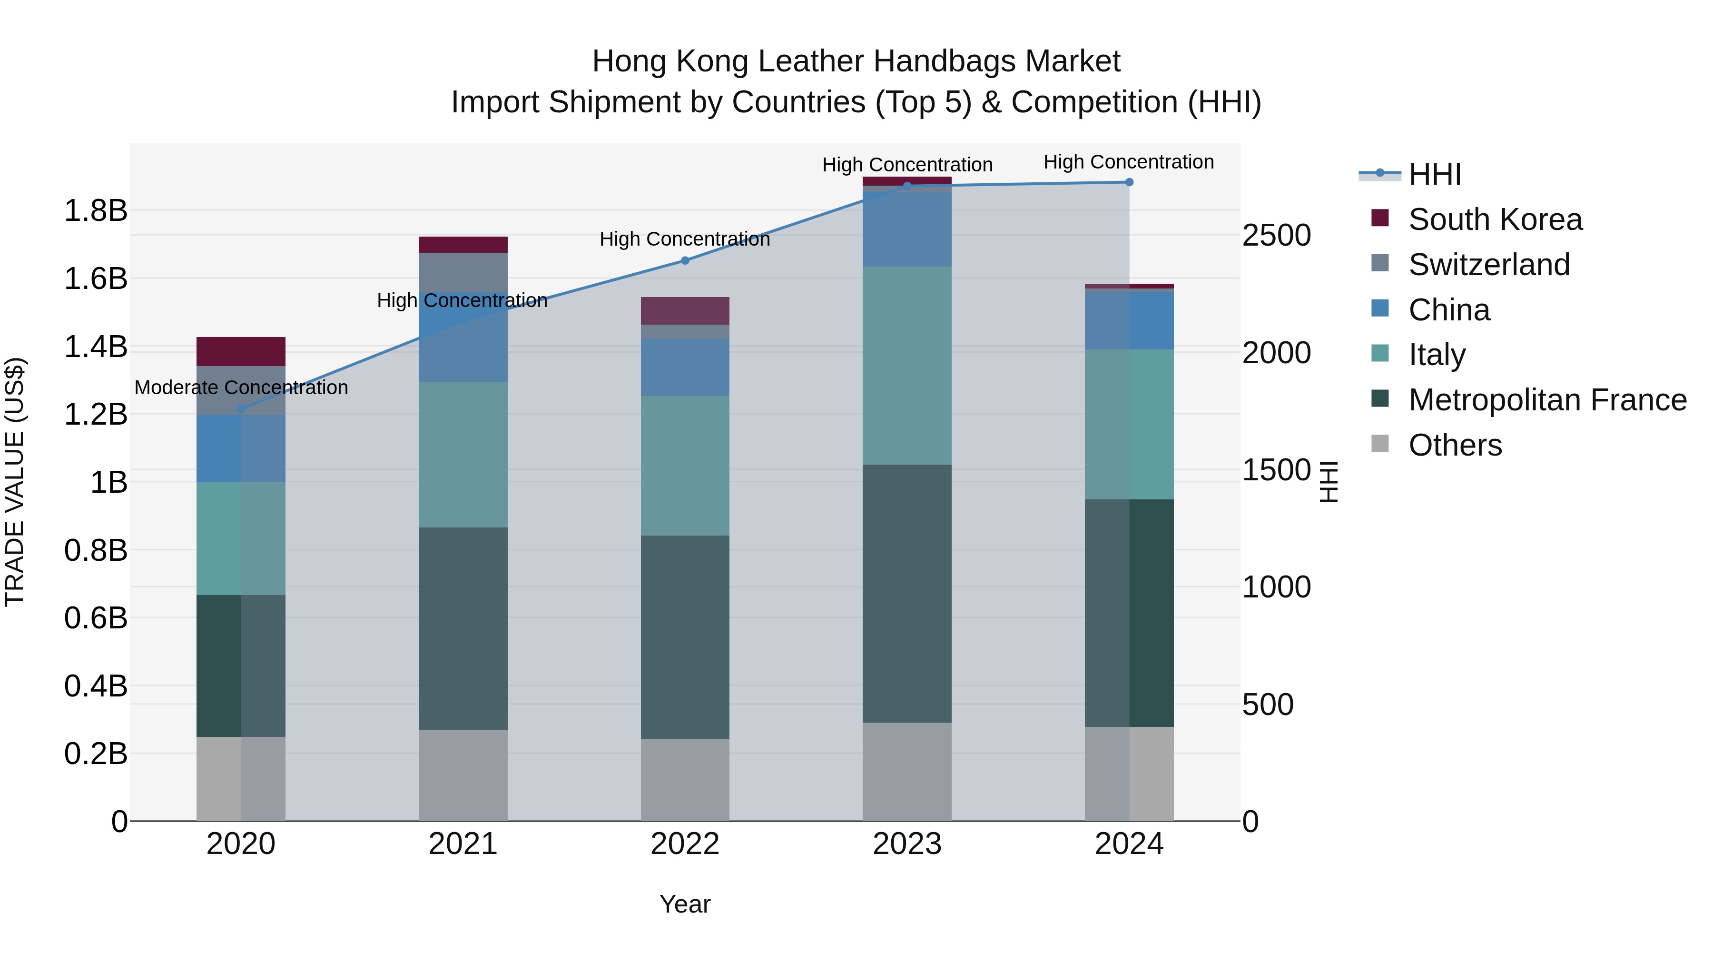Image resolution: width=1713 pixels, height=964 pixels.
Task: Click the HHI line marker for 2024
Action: [1129, 182]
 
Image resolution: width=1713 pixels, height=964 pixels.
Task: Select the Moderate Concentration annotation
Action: [241, 387]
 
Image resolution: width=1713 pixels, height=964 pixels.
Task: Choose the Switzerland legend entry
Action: [1488, 265]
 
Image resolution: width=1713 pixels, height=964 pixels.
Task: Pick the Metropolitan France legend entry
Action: [1547, 400]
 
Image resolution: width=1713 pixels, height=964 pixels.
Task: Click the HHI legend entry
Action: [1434, 174]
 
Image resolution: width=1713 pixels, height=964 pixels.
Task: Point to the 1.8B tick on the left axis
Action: [95, 211]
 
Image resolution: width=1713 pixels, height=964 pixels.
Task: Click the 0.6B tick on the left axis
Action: [95, 618]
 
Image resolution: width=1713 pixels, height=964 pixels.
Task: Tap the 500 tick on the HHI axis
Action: [1268, 705]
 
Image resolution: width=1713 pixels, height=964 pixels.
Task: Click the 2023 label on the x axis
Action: [907, 844]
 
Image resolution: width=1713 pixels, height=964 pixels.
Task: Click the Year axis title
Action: [685, 904]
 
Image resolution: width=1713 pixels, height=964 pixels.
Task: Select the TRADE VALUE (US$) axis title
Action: [15, 482]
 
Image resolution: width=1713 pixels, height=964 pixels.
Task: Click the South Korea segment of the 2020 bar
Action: [241, 351]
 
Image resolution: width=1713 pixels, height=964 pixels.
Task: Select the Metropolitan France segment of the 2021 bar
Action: [463, 629]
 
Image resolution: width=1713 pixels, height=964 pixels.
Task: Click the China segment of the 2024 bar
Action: [1129, 320]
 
